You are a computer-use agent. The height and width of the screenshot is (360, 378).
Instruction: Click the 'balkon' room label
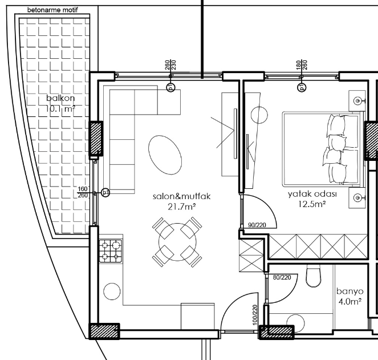coord(60,98)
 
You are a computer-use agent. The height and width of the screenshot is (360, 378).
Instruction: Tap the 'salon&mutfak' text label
coord(182,196)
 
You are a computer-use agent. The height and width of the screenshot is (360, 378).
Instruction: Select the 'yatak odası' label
coord(312,194)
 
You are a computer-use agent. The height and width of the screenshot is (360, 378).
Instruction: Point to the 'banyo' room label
coord(350,291)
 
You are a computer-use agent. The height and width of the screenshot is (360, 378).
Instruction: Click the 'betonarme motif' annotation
coord(52,10)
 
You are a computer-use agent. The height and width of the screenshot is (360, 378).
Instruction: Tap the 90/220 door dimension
coord(257,225)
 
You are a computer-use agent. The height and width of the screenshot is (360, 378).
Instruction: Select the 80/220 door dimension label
coord(282,277)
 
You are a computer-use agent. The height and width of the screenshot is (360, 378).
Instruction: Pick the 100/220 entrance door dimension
coord(255,315)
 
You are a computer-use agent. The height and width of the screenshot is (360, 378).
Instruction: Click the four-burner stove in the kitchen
coord(111,250)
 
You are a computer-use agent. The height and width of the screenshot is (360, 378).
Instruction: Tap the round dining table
coord(177,242)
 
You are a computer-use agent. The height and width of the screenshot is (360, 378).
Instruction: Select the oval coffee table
coord(165,155)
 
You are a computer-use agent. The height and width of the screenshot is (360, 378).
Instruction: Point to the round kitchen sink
coord(112,292)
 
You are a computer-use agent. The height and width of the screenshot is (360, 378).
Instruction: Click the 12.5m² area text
coord(312,204)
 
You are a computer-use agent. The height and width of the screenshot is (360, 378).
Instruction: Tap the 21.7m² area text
coord(181,207)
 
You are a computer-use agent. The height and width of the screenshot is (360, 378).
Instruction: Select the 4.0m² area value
coord(350,302)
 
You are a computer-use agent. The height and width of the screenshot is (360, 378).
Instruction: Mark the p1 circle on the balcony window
coord(105,193)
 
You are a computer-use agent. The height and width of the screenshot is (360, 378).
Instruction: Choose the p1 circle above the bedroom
coord(302,87)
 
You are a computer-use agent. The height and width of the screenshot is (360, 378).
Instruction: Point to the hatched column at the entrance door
coord(277,333)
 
